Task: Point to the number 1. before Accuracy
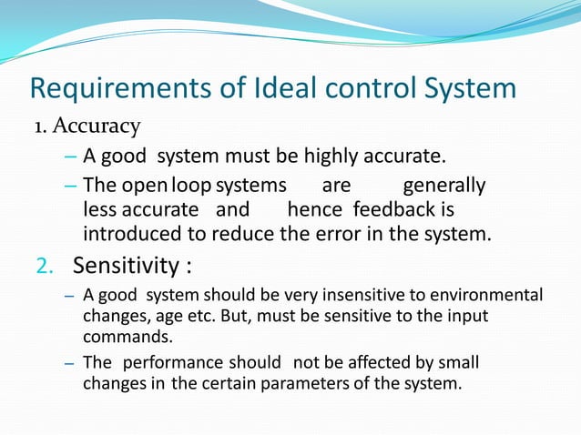point(40,126)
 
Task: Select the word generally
point(443,187)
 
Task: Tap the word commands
point(117,334)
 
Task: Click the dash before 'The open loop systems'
point(72,187)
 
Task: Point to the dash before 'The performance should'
point(69,363)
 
